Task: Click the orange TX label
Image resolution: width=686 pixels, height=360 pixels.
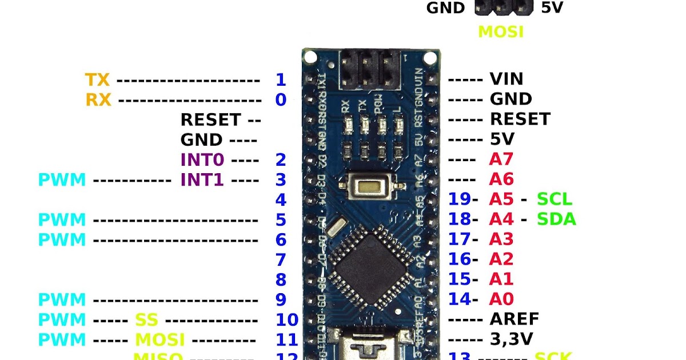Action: pos(97,79)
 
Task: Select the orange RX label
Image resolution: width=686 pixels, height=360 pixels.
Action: pos(98,99)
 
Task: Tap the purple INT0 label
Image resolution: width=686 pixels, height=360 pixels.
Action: pos(202,159)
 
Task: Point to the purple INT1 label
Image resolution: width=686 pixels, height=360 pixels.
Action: pos(202,179)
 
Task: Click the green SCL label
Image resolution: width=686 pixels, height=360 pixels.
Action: pos(554,199)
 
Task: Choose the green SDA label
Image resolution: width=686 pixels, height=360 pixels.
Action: pos(556,219)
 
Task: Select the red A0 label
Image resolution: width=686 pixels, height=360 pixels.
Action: pos(501,298)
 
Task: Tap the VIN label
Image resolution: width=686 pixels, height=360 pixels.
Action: pos(506,79)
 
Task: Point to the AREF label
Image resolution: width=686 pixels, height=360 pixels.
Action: pos(514,318)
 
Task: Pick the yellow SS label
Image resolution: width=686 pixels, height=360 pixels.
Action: pos(146,319)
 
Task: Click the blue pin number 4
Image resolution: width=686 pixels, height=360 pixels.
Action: pos(281,199)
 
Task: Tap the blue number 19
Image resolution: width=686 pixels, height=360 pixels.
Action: pos(458,199)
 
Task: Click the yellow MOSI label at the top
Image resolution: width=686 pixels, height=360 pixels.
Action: pos(500,31)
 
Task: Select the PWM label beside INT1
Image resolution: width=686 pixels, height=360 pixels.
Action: pos(62,179)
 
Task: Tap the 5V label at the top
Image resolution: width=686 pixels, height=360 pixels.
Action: pos(552,9)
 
